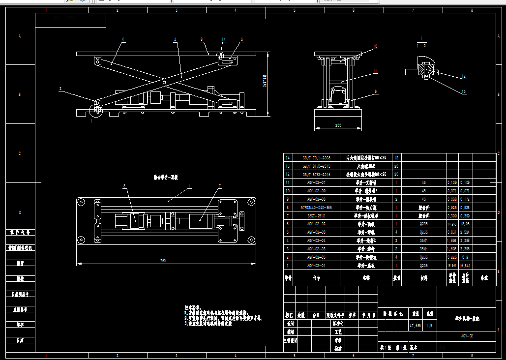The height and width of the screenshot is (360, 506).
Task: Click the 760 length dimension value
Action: pos(163,261)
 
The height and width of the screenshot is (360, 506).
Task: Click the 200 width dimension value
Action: pos(338,125)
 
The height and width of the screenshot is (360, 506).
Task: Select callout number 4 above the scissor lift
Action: pos(123,39)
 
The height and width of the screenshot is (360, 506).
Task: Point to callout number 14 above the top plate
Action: pos(224,39)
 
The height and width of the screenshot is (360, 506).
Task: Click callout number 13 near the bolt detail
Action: pos(463,91)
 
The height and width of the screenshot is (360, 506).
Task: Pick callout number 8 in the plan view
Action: pos(124,186)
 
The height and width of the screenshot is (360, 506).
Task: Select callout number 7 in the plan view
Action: pos(220,186)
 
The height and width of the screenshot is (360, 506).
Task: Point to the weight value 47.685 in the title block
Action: pos(415,326)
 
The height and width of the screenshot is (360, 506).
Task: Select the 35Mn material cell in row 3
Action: pos(423,248)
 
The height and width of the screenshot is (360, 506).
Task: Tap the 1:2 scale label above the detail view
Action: pos(421,45)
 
